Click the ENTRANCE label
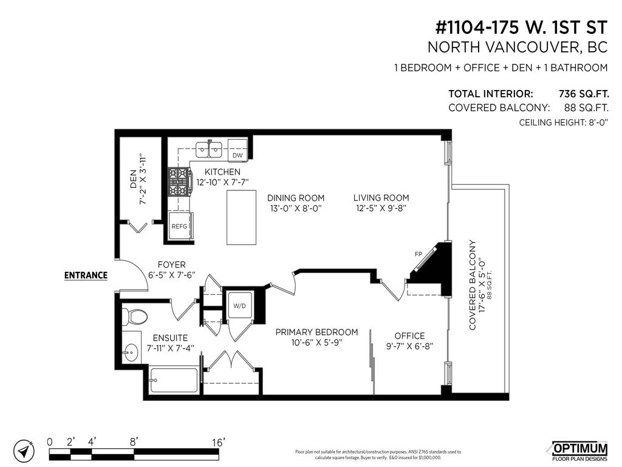click(86, 275)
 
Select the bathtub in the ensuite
click(174, 380)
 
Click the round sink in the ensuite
click(130, 351)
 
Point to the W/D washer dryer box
click(239, 305)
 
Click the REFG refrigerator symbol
click(180, 226)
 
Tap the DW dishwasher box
click(238, 155)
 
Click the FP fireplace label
click(418, 254)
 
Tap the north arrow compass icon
click(22, 451)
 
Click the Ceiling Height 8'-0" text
click(564, 122)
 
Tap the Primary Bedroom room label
click(316, 332)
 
